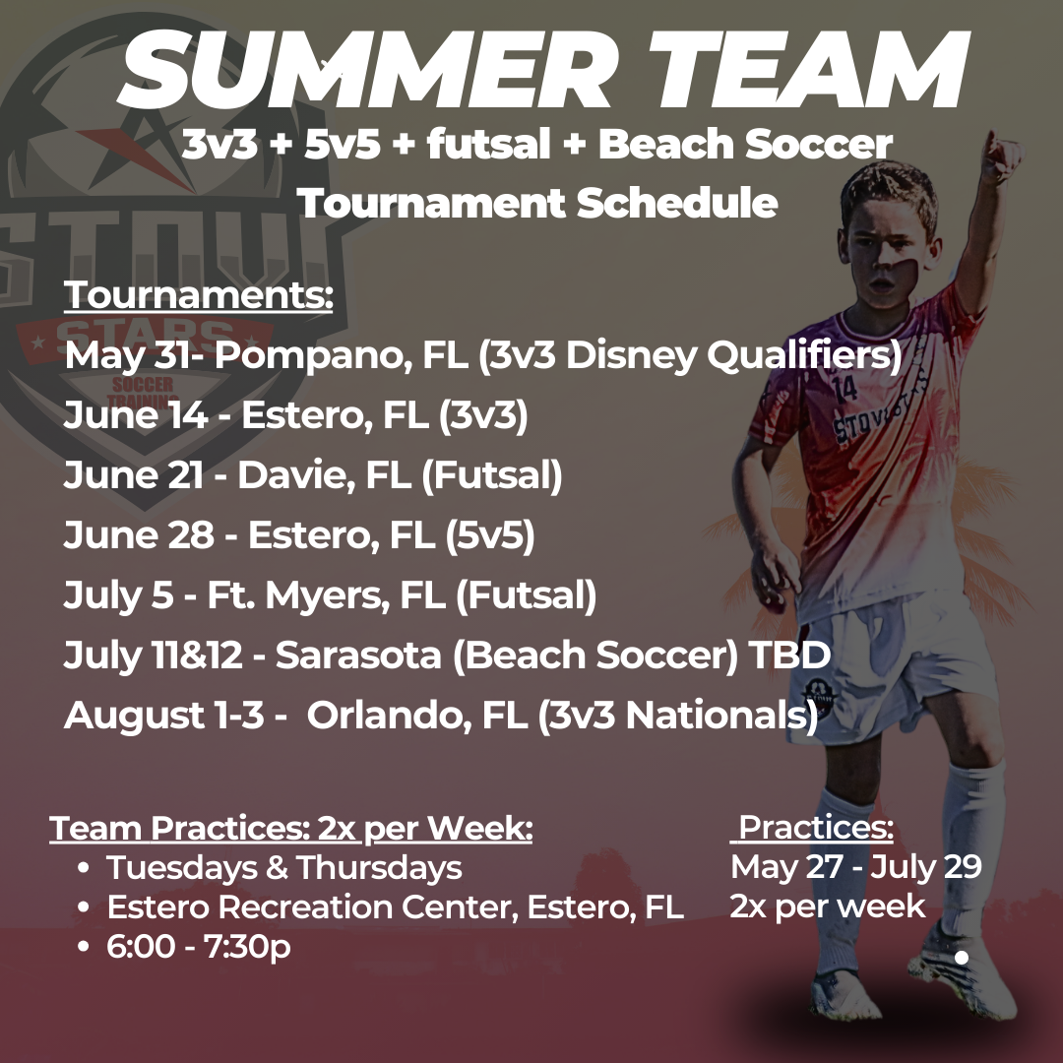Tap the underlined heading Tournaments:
tap(199, 295)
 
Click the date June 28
tap(139, 534)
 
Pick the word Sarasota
tap(358, 655)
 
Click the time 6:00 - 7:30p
tap(199, 947)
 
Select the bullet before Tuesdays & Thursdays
tap(84, 868)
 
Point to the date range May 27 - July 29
tap(856, 866)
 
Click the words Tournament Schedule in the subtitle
tap(537, 203)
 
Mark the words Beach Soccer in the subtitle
tap(745, 144)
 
